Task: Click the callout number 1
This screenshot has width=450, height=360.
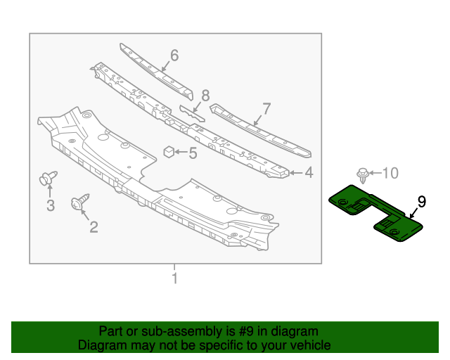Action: (x=174, y=279)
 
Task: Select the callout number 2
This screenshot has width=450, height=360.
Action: (x=93, y=226)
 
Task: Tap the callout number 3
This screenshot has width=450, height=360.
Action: (x=51, y=205)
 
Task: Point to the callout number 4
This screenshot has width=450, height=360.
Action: (x=309, y=172)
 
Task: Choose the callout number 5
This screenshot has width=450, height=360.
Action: (x=192, y=151)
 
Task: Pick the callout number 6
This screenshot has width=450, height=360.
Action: (x=174, y=55)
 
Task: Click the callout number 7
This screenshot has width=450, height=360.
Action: (x=266, y=108)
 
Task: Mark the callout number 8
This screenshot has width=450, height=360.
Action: (x=205, y=94)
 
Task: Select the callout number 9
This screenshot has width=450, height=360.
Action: (x=421, y=202)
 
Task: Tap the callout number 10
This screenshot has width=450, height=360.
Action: (x=390, y=172)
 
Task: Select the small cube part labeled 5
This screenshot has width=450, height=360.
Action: (x=169, y=150)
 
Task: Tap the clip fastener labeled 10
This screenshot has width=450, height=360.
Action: (x=363, y=174)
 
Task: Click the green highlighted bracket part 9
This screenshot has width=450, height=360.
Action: (x=373, y=211)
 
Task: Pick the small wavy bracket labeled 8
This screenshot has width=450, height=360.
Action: (x=192, y=113)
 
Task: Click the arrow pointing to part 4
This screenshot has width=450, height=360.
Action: (x=296, y=172)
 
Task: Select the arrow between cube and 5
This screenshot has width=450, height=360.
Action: (x=181, y=151)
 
